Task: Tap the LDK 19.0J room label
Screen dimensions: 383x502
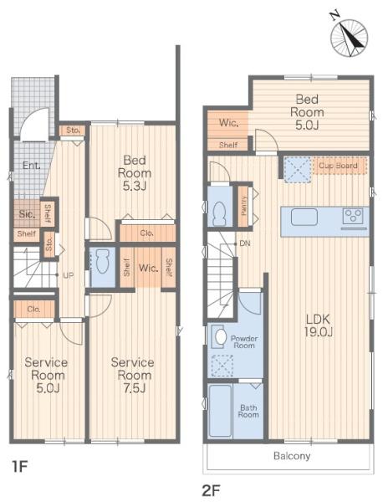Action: [x=318, y=325]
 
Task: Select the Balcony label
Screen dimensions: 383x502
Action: [x=292, y=456]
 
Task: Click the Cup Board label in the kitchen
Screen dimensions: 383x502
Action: [x=338, y=166]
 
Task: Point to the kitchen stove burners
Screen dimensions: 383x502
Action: [x=354, y=215]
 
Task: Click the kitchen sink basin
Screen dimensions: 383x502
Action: [x=304, y=217]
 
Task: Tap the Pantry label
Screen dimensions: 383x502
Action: [x=244, y=206]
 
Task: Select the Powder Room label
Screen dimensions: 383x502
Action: [x=244, y=342]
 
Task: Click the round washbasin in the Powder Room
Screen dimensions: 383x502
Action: [x=220, y=336]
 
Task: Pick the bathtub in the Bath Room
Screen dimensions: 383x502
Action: [x=220, y=411]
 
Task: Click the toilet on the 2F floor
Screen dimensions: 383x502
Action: [x=220, y=213]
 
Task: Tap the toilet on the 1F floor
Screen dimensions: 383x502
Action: [x=102, y=261]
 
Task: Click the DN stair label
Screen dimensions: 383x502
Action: [x=245, y=243]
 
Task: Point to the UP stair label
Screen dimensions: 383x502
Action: [x=68, y=275]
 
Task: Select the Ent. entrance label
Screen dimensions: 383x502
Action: [x=31, y=166]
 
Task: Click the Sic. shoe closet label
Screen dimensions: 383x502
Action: [x=27, y=214]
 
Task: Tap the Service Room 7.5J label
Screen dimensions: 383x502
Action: [x=132, y=375]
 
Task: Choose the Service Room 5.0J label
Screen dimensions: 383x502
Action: [x=46, y=375]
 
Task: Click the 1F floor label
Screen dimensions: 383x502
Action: [x=20, y=466]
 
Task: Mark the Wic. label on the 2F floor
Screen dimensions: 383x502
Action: [x=228, y=123]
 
